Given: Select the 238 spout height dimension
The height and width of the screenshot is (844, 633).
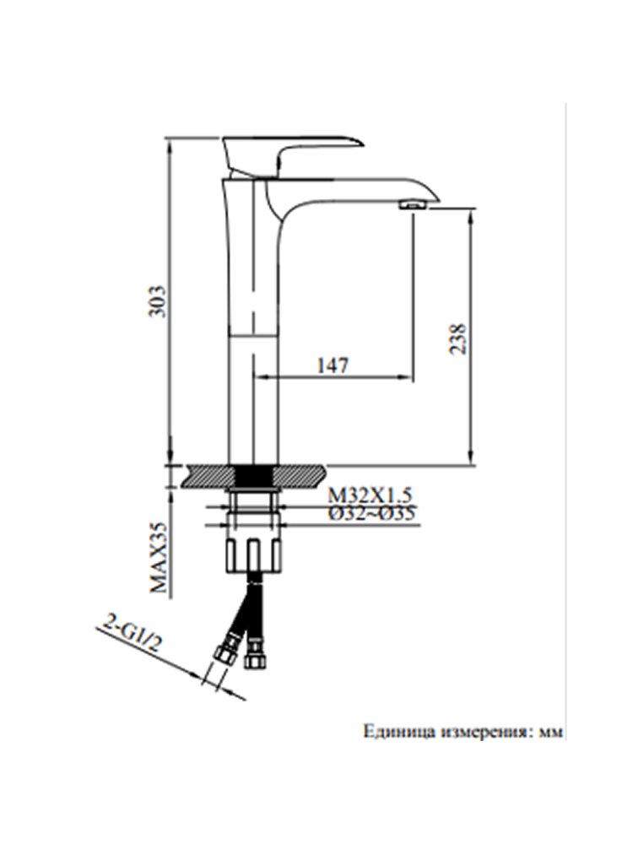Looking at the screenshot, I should click(x=457, y=338).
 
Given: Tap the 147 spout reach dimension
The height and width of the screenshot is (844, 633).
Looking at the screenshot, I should click(x=333, y=365).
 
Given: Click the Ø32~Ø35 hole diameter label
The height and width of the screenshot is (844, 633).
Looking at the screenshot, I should click(x=371, y=512).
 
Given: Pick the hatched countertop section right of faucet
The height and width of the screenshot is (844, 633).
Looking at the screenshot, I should click(x=300, y=475).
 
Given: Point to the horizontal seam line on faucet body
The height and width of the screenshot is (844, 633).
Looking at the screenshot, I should click(x=254, y=334).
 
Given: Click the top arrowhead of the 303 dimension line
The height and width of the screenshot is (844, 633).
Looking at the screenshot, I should click(x=170, y=142).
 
